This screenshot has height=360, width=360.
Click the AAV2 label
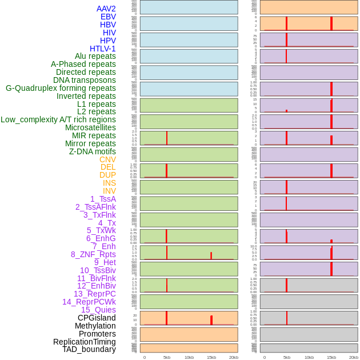click(x=106, y=9)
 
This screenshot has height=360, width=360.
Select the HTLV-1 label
click(x=102, y=49)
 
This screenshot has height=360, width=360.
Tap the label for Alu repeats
click(x=95, y=56)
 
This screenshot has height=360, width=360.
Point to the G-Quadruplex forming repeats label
click(x=61, y=88)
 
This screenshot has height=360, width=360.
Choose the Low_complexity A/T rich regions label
click(x=58, y=119)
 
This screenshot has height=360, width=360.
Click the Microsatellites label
click(x=90, y=127)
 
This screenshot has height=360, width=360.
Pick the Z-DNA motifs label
click(x=92, y=151)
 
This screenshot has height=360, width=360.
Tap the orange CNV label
click(x=107, y=159)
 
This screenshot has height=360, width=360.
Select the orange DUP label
click(x=107, y=175)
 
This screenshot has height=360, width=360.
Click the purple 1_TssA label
click(x=103, y=199)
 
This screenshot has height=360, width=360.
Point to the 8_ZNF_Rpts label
click(x=93, y=254)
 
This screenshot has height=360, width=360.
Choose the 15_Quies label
click(x=98, y=310)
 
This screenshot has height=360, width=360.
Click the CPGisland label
click(x=97, y=318)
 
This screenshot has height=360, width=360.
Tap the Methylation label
click(x=95, y=326)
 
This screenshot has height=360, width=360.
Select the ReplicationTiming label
click(x=85, y=342)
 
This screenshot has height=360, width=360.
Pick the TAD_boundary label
click(x=89, y=349)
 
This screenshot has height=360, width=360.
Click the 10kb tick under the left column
click(x=189, y=357)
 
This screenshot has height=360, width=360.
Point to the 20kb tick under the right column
click(x=354, y=357)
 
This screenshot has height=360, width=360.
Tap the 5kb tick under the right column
click(x=287, y=357)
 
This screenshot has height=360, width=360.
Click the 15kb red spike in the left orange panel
click(x=211, y=320)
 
